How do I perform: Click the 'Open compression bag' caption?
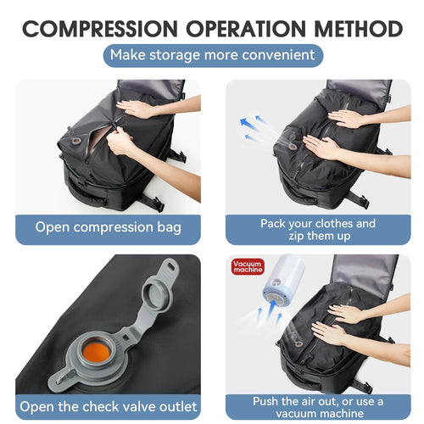tap(108, 227)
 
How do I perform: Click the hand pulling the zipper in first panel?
tap(121, 142)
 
